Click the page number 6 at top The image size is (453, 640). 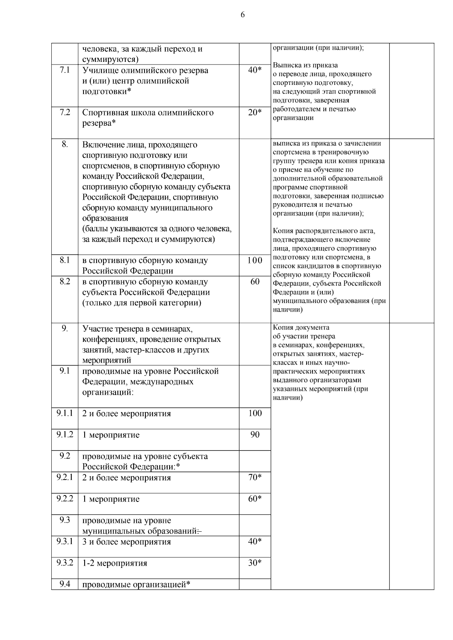point(242,15)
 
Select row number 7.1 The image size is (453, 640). point(65,70)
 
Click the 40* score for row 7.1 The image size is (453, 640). point(255,70)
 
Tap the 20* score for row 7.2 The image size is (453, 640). point(255,112)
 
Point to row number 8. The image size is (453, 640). point(65,145)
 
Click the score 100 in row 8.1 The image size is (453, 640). point(255,260)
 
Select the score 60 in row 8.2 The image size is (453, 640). point(255,282)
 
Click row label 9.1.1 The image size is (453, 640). point(65,413)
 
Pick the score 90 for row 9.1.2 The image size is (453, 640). point(255,435)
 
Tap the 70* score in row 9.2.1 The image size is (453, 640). point(255,477)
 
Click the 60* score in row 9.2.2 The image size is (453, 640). point(255,499)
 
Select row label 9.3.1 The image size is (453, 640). point(65,542)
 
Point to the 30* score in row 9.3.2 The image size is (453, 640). point(255,563)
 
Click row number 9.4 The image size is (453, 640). point(65,585)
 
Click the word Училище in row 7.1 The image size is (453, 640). point(98,71)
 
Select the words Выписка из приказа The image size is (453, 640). point(305,65)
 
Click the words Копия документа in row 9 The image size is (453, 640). point(301,328)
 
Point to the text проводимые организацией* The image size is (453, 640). point(136,585)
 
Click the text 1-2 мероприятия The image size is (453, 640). point(115,563)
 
